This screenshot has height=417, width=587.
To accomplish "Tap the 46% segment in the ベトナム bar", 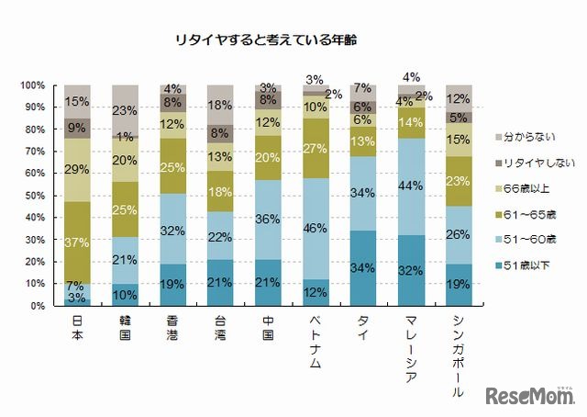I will [x=316, y=229].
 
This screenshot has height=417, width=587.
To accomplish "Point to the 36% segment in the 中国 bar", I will [x=269, y=220].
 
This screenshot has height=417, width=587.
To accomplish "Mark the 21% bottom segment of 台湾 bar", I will [x=221, y=283].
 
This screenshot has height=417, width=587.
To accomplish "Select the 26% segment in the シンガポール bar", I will [x=460, y=235].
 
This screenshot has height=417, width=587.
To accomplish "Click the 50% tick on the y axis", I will [x=35, y=196].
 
